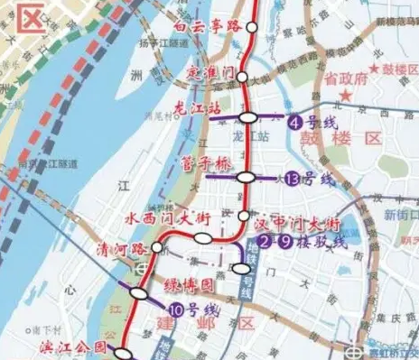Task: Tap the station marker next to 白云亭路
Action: (x=249, y=27)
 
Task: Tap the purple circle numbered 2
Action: (x=264, y=242)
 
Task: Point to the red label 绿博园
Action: (x=191, y=286)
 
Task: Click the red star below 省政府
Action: (x=342, y=93)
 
